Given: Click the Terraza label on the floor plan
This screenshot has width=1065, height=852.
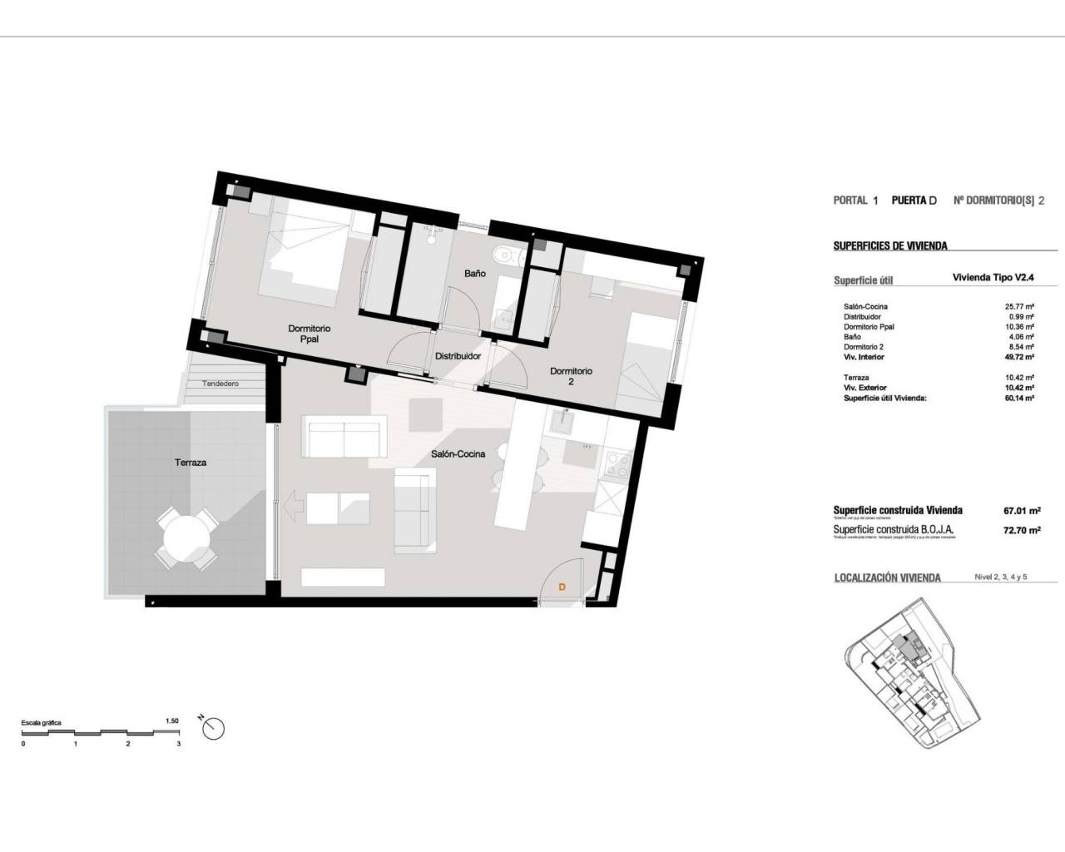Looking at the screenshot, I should point(191,462).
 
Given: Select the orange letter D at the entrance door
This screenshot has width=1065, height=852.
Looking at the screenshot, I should point(562,587).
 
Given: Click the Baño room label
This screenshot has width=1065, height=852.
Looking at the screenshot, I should point(474,273).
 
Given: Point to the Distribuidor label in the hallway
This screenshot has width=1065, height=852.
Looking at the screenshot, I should point(458,356).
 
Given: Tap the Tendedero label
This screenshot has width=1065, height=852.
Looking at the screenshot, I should point(220,384).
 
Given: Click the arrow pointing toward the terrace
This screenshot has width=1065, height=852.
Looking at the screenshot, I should point(292,505).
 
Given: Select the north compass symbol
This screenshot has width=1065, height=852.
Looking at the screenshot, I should point(214,727).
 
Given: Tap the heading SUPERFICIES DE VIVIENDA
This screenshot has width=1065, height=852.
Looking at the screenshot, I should point(890,246).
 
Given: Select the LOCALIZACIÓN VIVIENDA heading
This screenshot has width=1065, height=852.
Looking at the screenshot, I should point(887,577).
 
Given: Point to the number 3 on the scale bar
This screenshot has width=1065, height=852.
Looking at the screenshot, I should point(179,744).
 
